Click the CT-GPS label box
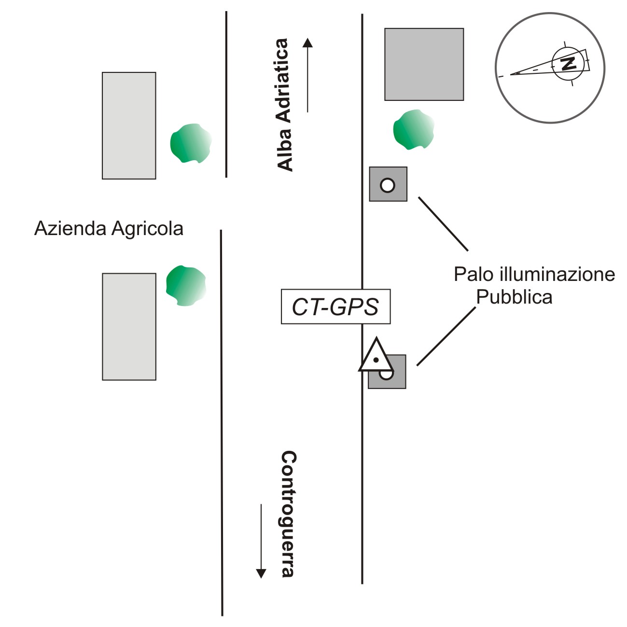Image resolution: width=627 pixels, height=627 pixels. (x=335, y=307)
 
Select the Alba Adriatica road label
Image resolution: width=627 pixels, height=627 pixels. (x=285, y=105)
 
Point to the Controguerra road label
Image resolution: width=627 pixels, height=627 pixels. (x=288, y=514)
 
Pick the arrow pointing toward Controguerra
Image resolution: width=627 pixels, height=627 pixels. (x=261, y=541)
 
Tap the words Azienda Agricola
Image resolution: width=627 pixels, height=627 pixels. (x=109, y=228)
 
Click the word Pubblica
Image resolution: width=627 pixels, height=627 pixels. (x=514, y=297)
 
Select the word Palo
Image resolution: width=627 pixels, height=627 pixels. (x=473, y=275)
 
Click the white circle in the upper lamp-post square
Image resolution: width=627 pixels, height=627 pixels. (x=388, y=185)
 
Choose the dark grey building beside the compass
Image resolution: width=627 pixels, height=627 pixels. (x=424, y=64)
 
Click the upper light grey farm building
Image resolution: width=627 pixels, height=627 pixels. (x=129, y=125)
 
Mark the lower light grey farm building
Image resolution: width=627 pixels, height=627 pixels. (x=129, y=327)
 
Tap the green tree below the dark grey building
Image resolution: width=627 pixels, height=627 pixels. (x=413, y=129)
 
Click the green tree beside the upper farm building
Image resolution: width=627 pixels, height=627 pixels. (x=191, y=143)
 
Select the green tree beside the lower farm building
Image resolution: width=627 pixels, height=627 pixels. (x=186, y=285)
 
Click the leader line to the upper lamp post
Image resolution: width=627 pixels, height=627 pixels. (x=443, y=224)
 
